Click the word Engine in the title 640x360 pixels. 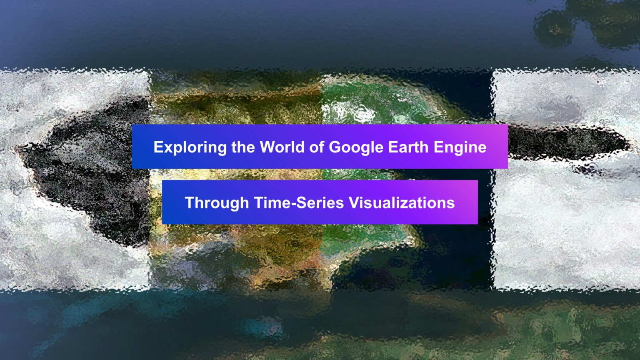460,147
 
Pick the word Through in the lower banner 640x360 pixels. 217,203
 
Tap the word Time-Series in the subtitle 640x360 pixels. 299,202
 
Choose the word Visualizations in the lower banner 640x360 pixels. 401,202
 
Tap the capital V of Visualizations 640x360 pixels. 354,202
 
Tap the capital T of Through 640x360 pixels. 190,202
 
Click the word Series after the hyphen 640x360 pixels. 320,202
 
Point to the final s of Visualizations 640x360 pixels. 451,204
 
